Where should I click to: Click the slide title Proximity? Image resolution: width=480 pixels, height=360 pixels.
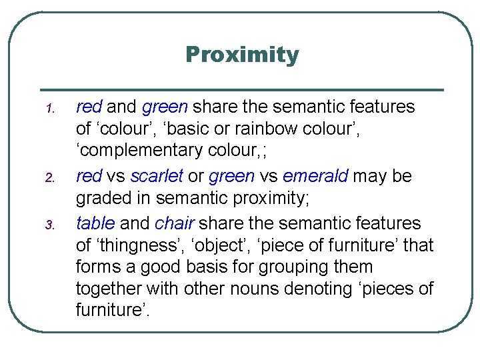(x=242, y=55)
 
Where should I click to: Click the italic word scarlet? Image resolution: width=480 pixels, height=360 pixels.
(x=156, y=177)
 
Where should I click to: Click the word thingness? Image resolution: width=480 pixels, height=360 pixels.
(x=141, y=246)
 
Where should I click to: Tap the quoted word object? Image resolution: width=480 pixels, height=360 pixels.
(x=235, y=246)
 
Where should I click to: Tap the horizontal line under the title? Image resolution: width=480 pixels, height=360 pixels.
(x=242, y=89)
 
